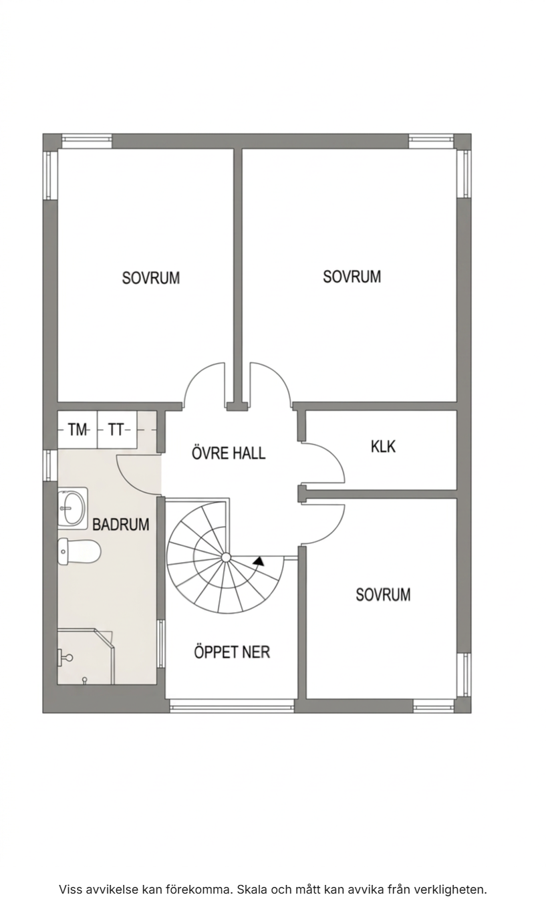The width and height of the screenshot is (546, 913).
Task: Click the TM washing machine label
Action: click(78, 430)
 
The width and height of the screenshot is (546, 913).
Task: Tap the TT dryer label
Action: click(116, 430)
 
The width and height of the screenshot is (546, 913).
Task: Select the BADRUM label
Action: click(120, 525)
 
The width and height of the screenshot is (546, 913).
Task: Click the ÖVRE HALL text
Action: click(229, 453)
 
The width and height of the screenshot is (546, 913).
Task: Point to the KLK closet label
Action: click(383, 446)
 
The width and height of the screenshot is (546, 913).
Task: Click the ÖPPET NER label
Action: click(232, 652)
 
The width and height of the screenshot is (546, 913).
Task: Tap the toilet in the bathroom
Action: click(79, 551)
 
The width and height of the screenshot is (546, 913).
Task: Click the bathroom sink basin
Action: click(73, 508)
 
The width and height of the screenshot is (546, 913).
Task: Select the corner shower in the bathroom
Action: click(86, 656)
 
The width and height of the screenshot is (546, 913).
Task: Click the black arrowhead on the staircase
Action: click(259, 561)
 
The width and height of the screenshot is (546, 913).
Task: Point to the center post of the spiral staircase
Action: click(226, 557)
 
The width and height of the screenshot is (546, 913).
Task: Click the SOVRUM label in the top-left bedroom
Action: click(151, 278)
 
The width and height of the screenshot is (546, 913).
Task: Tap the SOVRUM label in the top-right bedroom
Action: click(352, 277)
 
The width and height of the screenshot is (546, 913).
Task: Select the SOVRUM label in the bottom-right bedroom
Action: click(383, 595)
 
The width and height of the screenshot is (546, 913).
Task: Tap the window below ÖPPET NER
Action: click(231, 706)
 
